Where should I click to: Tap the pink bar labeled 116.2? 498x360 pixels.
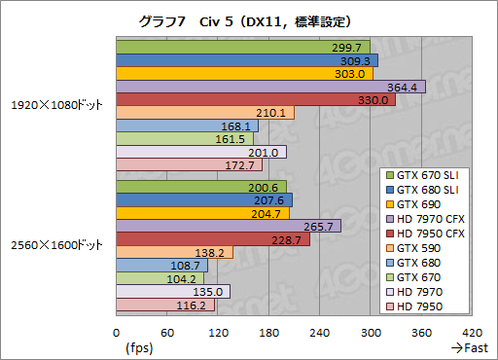click(x=164, y=306)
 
